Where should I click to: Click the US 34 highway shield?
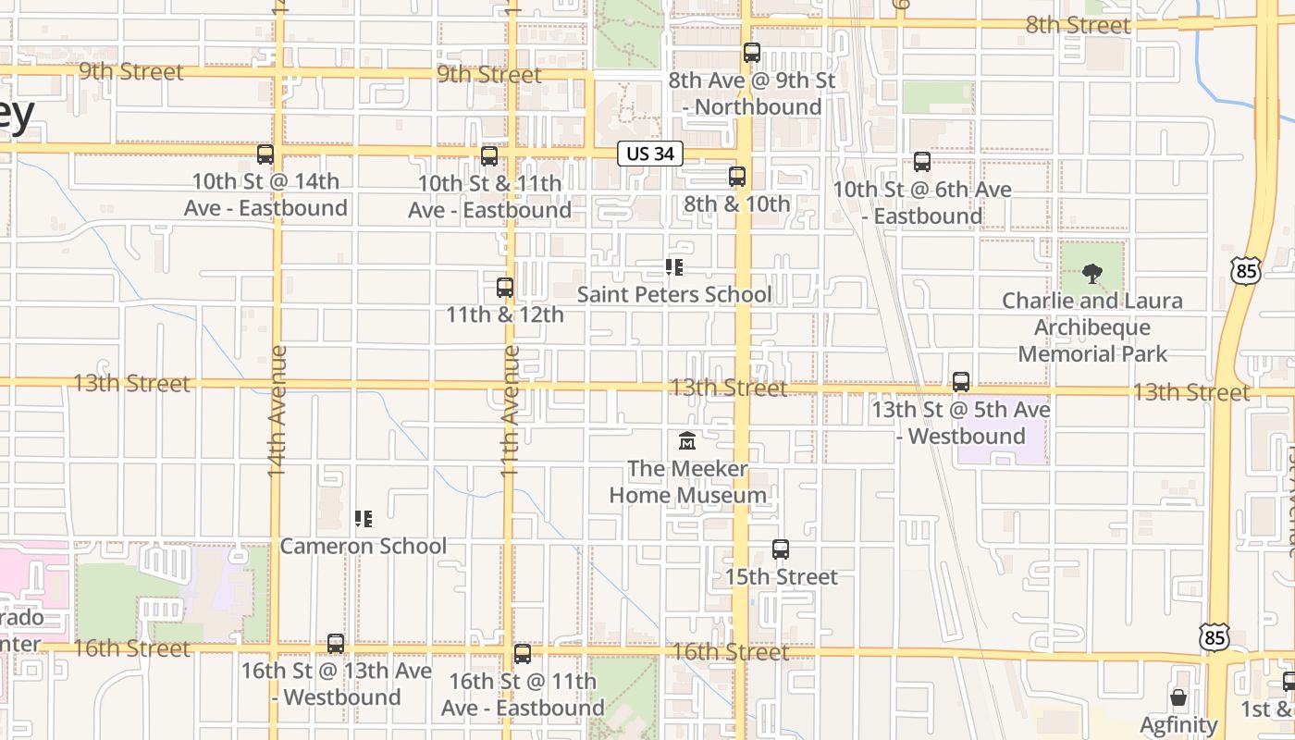pos(650,154)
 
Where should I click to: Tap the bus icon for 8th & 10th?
pos(737,177)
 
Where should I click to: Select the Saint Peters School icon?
pos(674,267)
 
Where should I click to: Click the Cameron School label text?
pos(363,546)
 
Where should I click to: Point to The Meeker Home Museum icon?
pos(686,441)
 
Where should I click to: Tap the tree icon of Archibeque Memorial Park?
pos(1092,274)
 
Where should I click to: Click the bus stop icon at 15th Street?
pos(781,549)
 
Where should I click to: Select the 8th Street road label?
pos(1078,25)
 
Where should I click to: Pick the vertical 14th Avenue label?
pos(277,411)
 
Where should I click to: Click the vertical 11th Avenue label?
pos(510,411)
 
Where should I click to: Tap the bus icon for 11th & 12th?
pos(505,288)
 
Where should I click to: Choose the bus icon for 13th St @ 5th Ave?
pos(961,382)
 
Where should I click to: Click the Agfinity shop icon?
pos(1178,697)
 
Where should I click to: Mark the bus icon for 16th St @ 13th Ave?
pos(336,644)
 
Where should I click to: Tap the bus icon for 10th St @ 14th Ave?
pos(265,154)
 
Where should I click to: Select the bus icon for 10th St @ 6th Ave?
pos(922,162)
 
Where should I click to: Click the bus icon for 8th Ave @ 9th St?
pos(752,53)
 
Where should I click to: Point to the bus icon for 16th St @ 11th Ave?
pos(523,655)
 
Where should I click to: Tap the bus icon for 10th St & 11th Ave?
pos(489,156)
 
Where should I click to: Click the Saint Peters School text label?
pos(674,294)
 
